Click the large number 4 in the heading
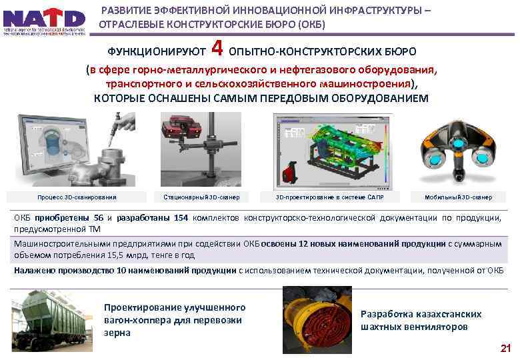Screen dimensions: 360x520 [216, 49]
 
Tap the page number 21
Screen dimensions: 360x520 [505, 348]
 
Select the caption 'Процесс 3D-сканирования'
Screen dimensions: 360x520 [77, 197]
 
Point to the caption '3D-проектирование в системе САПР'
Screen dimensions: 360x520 [329, 197]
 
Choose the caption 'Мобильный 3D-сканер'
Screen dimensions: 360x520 [459, 197]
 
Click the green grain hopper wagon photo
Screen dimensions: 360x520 [50, 319]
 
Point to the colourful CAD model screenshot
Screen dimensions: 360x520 [329, 150]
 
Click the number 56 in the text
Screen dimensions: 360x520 [99, 217]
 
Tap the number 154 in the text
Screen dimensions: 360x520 [181, 217]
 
